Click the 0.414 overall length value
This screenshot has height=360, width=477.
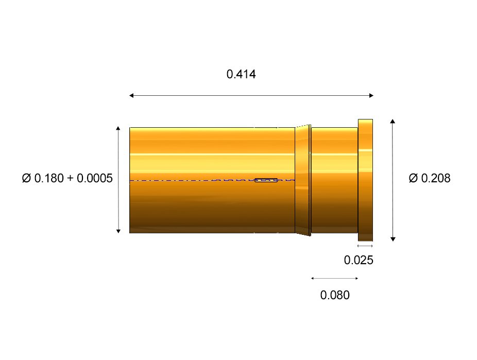pos(241,74)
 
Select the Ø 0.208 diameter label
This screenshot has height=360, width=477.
pos(430,178)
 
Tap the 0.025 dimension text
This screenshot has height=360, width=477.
pos(359,260)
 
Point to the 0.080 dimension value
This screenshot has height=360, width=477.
pos(335,295)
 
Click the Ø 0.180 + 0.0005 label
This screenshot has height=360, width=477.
pos(67,178)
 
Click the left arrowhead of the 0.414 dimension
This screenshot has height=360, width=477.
pos(131,95)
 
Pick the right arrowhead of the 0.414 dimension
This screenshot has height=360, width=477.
pos(371,95)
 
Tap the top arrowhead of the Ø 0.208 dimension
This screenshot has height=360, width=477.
pos(393,122)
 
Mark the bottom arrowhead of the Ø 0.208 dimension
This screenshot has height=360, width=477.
pos(393,239)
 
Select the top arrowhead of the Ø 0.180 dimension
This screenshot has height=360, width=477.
pos(118,128)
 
